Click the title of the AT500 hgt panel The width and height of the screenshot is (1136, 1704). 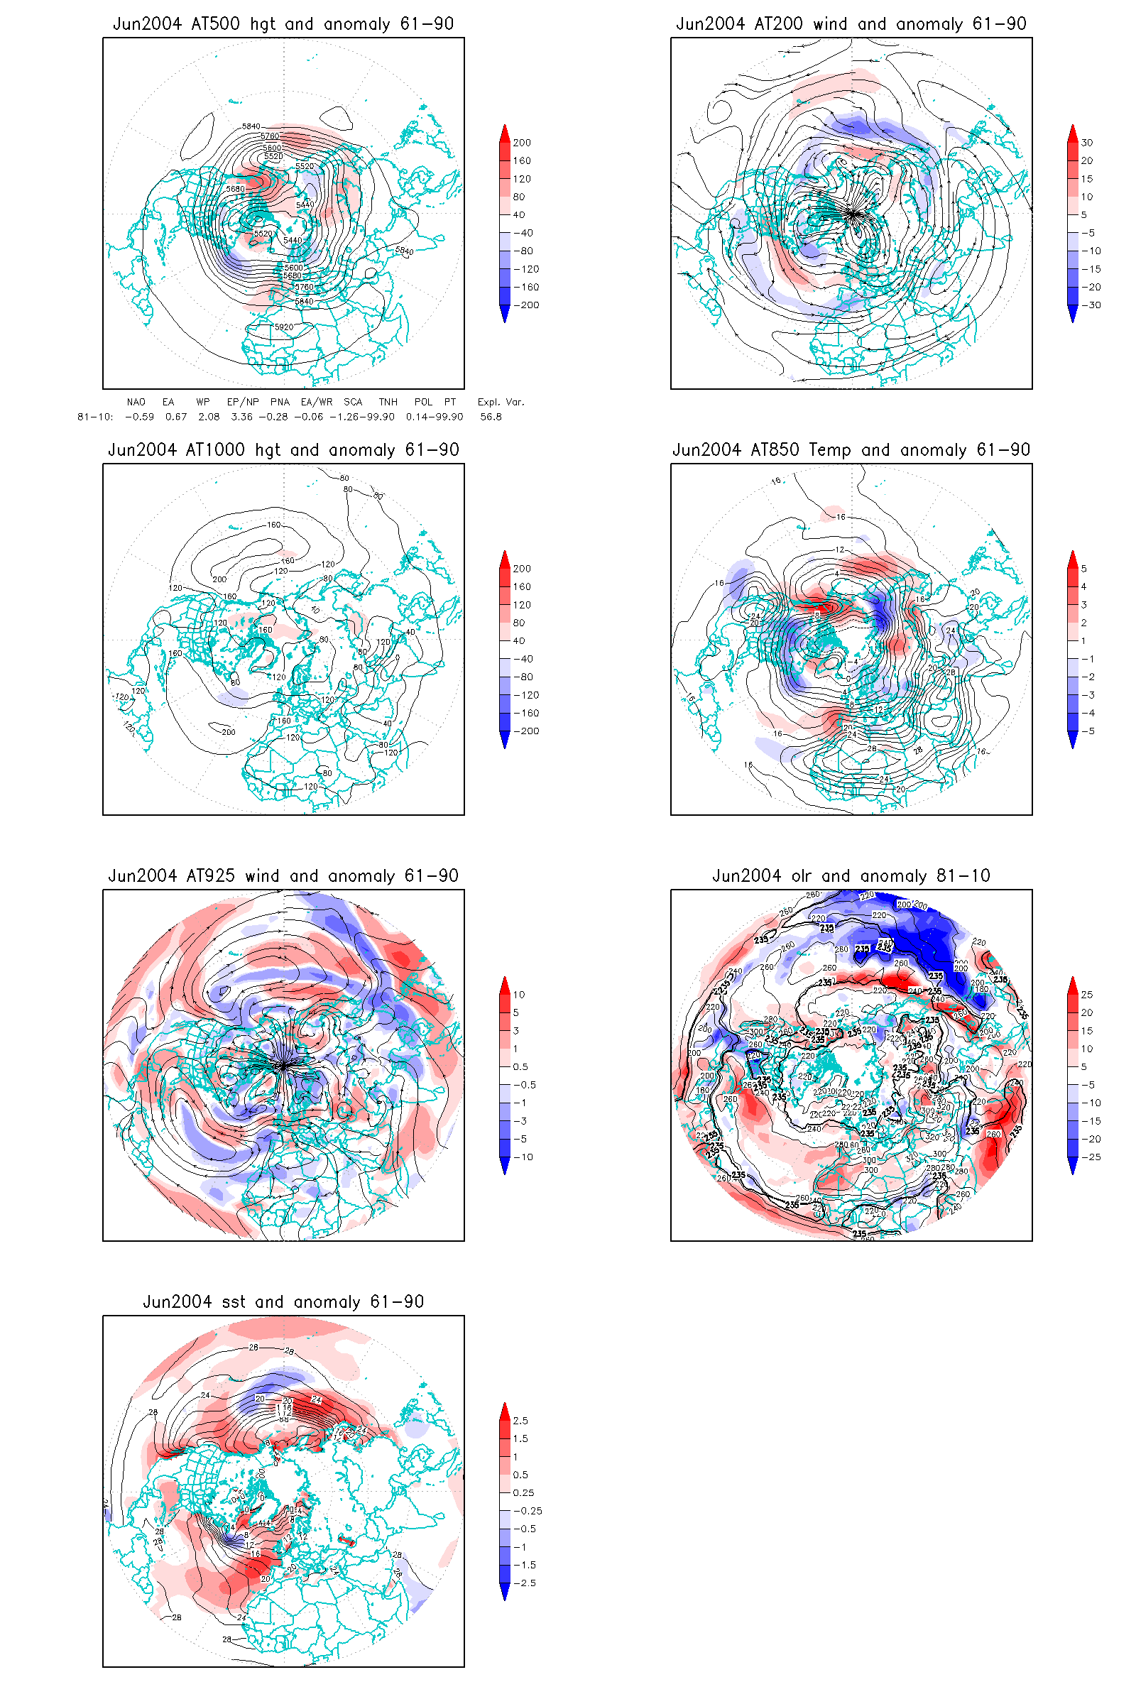283,24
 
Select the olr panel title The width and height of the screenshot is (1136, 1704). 851,876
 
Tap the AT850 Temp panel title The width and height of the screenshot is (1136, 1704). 851,450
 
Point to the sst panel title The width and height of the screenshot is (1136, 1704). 283,1302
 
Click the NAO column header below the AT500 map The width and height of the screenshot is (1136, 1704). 136,402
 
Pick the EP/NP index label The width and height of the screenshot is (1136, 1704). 243,402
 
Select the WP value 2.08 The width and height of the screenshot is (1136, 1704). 209,417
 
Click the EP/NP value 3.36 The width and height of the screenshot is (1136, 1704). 242,417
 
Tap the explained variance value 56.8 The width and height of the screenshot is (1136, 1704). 491,417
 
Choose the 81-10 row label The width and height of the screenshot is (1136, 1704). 95,417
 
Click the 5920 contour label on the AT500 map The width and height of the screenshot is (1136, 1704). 284,327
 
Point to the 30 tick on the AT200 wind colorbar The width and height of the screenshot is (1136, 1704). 1087,143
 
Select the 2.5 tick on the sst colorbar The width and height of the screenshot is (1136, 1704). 520,1421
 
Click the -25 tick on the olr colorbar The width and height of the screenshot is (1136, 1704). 1091,1157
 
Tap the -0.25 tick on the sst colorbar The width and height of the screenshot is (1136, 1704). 528,1512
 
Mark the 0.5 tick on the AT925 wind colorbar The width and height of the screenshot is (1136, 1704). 520,1067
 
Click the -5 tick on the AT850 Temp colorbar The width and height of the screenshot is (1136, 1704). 1088,731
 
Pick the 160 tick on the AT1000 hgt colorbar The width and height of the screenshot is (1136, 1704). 522,587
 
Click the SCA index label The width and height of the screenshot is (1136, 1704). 353,402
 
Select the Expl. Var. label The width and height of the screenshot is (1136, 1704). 500,402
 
